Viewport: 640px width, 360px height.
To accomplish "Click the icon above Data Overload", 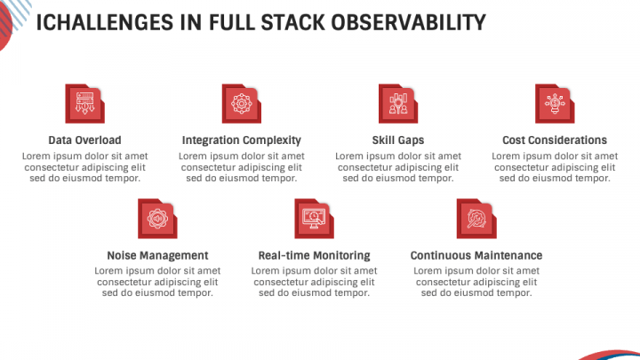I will coord(84,103).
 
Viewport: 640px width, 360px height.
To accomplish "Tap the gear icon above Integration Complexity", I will coord(241,103).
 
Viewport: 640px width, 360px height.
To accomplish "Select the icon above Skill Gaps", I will coord(397,103).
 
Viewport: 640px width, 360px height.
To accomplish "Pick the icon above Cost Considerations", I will coord(554,103).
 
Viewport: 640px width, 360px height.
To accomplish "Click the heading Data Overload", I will coord(84,140).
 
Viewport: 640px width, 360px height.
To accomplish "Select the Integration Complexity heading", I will coord(241,140).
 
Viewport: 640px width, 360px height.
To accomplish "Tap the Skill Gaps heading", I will coord(397,140).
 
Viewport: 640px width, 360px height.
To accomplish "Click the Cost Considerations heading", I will coord(554,140).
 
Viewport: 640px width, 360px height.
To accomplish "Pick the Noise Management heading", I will coord(157,255).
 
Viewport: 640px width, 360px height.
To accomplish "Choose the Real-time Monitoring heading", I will coord(314,255).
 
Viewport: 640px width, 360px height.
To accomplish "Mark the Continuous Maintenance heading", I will coord(476,255).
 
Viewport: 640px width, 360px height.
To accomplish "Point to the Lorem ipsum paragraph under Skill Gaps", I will coord(397,166).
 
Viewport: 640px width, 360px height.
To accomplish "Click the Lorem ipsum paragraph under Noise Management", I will coord(157,281).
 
